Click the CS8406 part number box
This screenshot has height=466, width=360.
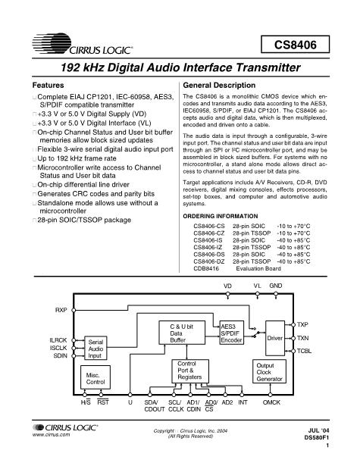tap(295, 44)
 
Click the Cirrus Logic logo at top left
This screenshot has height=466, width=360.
tap(83, 44)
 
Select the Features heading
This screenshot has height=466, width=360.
tap(49, 86)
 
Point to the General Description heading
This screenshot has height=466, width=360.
tap(219, 86)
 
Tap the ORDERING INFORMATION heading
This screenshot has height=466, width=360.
tap(221, 216)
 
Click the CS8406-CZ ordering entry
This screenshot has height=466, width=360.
tap(209, 233)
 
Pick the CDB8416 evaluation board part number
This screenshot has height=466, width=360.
tap(206, 269)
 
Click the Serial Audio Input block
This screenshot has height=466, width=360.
tap(95, 348)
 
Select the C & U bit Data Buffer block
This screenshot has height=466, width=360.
tap(182, 333)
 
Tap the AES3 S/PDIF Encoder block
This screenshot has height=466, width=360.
tap(232, 333)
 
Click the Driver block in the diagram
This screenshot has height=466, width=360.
tap(275, 338)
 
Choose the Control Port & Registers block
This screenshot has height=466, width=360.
tap(190, 371)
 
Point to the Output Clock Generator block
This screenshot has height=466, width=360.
tap(269, 371)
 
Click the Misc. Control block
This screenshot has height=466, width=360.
tap(95, 377)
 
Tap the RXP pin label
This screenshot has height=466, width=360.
tap(61, 310)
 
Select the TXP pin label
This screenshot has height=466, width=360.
tap(302, 324)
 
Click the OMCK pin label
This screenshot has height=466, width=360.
tap(271, 402)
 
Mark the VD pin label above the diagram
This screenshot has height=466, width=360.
tap(227, 286)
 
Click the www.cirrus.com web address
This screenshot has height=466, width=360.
tap(51, 434)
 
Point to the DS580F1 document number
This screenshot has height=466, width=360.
tap(317, 437)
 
